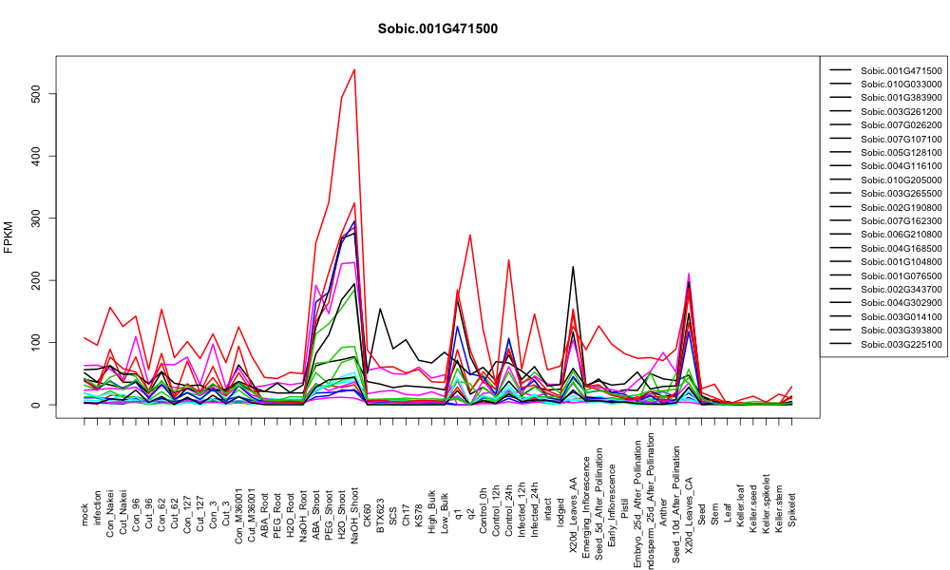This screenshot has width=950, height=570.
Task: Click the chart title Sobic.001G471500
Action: point(437,29)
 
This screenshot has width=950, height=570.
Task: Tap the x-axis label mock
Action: point(85,515)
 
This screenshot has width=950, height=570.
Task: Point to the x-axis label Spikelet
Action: point(792,510)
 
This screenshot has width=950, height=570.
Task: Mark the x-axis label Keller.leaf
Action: point(740,505)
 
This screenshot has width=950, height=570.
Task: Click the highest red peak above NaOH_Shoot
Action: point(354,69)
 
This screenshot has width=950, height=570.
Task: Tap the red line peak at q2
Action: point(470,235)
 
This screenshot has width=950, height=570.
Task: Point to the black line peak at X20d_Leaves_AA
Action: point(573,267)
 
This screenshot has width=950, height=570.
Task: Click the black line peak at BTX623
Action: point(380,309)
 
